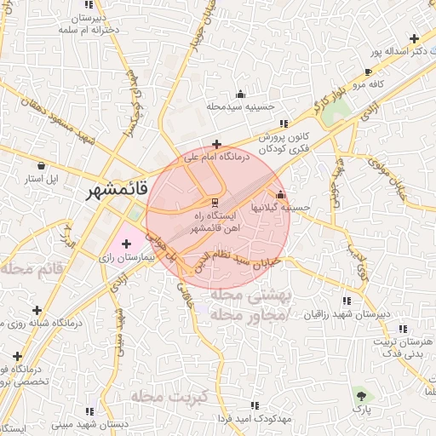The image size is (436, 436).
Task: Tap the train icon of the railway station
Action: pos(216,203)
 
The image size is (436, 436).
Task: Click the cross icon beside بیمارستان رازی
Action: pos(126,244)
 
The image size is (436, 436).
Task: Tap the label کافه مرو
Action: pos(371,85)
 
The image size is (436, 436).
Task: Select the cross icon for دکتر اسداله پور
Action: pos(414,39)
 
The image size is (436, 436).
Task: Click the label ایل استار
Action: pos(39,179)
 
